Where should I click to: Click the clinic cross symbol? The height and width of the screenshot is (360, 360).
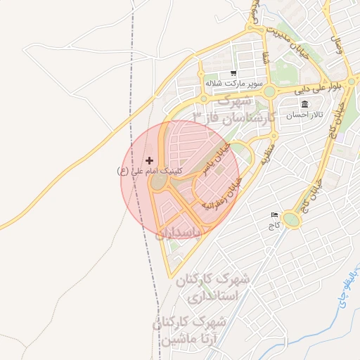(149, 161)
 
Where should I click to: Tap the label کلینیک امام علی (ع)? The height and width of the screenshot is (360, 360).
(149, 171)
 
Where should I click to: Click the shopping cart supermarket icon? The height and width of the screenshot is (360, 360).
(233, 73)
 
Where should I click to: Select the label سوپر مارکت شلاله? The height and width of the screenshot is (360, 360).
(229, 83)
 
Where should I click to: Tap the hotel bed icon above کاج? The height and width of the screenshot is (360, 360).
(274, 215)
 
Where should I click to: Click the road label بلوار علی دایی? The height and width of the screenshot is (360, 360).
(316, 88)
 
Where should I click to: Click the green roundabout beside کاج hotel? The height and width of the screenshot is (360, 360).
(292, 221)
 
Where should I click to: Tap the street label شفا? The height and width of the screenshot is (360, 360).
(266, 60)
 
